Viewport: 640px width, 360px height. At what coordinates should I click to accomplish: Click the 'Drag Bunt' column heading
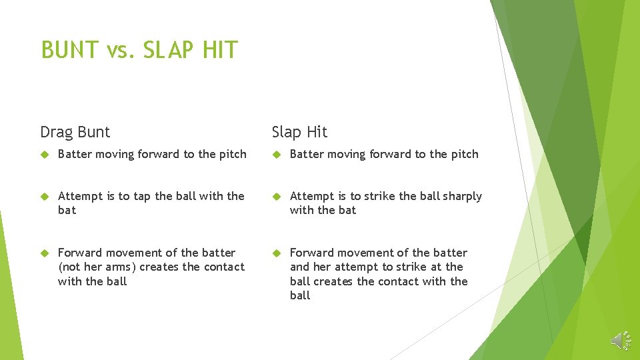point(75,132)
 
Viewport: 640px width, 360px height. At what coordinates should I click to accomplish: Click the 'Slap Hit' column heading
point(299,132)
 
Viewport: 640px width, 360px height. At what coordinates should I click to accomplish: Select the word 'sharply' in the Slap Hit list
point(461,196)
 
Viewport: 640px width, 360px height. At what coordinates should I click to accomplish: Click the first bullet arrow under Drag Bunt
point(45,155)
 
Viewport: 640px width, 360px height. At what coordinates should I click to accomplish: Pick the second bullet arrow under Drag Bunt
point(45,197)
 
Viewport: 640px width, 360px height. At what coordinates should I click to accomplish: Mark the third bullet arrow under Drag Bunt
point(45,253)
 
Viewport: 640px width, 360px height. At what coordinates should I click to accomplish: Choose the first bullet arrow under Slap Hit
point(277,155)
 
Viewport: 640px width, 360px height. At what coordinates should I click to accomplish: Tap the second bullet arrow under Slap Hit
point(277,197)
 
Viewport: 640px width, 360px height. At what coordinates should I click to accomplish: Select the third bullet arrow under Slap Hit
point(277,253)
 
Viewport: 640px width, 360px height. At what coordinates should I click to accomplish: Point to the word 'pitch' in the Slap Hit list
point(464,154)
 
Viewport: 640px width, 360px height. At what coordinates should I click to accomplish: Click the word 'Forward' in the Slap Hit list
point(311,253)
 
